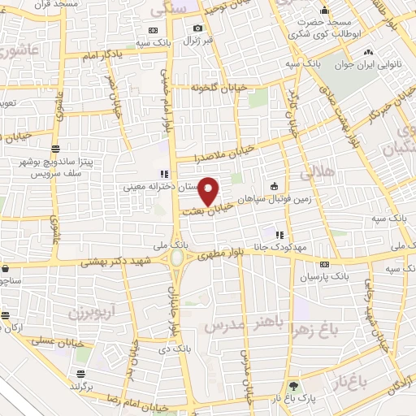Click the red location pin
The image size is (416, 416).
tap(210, 191)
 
